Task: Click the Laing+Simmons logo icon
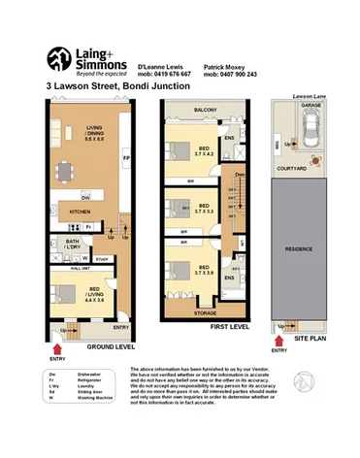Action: coord(56,61)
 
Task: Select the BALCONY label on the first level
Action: coord(204,111)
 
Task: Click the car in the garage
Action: coord(313,125)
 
